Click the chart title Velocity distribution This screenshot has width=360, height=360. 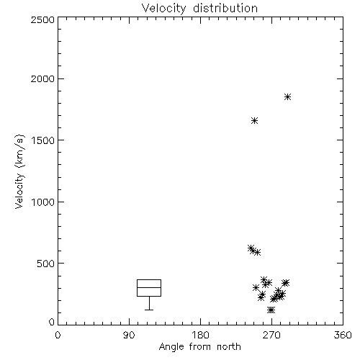pyautogui.click(x=199, y=9)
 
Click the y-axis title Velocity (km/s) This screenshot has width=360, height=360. pyautogui.click(x=19, y=171)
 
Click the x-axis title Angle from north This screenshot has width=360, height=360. pyautogui.click(x=199, y=347)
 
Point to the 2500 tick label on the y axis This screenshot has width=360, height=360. pyautogui.click(x=42, y=19)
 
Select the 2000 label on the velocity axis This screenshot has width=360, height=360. pyautogui.click(x=42, y=78)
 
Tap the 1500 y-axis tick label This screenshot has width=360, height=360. pyautogui.click(x=42, y=140)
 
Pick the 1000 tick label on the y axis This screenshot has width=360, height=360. pyautogui.click(x=42, y=202)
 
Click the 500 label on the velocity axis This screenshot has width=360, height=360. pyautogui.click(x=46, y=264)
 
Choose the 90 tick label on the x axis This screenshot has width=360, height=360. pyautogui.click(x=129, y=335)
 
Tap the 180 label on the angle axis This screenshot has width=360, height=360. pyautogui.click(x=200, y=335)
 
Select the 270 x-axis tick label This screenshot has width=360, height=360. pyautogui.click(x=271, y=335)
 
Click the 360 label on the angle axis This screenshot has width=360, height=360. pyautogui.click(x=343, y=335)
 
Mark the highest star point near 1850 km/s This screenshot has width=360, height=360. pyautogui.click(x=287, y=97)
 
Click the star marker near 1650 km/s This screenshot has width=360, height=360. pyautogui.click(x=255, y=120)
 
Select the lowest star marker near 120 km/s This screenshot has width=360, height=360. pyautogui.click(x=271, y=310)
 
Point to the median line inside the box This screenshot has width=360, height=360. pyautogui.click(x=149, y=287)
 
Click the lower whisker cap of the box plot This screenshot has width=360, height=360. pyautogui.click(x=149, y=310)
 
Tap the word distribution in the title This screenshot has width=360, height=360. pyautogui.click(x=225, y=9)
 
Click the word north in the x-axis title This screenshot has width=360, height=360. pyautogui.click(x=229, y=347)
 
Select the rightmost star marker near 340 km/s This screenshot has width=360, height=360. pyautogui.click(x=286, y=283)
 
